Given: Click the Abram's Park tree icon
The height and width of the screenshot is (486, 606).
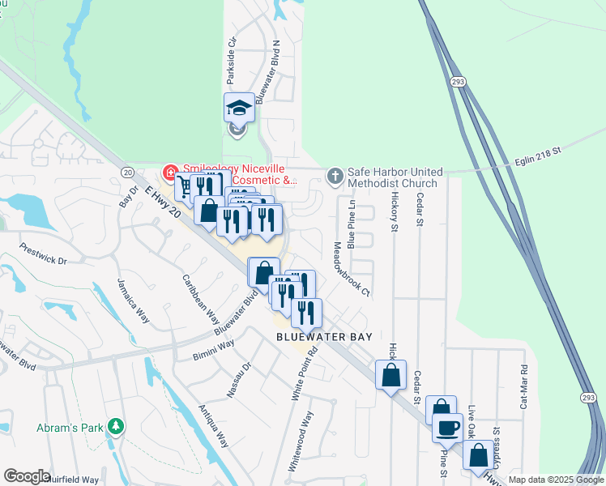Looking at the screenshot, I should pyautogui.click(x=117, y=425).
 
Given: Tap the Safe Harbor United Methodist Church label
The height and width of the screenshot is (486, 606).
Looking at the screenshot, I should pyautogui.click(x=395, y=177).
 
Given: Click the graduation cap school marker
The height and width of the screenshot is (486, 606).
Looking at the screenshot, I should pyautogui.click(x=239, y=108).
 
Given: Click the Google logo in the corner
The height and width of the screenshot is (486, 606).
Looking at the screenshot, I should pyautogui.click(x=27, y=476).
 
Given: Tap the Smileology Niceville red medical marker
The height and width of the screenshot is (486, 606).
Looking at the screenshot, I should pyautogui.click(x=170, y=172).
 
